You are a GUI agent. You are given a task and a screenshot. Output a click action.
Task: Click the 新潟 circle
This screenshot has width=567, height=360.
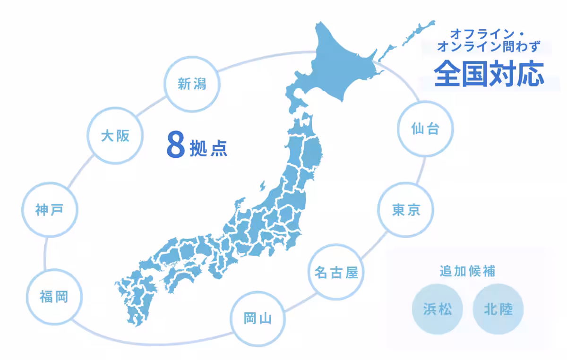pos(192,84)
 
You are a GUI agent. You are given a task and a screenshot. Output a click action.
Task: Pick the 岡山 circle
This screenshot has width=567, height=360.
pos(258,318)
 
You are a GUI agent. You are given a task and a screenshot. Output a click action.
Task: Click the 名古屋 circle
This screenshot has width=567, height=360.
pos(336,272)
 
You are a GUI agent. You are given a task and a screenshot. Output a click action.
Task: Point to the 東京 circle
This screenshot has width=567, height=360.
pos(406,210)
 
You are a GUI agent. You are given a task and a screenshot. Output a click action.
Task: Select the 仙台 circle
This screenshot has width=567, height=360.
pos(425,129)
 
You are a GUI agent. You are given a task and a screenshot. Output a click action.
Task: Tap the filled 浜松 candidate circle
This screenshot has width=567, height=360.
pos(437,309)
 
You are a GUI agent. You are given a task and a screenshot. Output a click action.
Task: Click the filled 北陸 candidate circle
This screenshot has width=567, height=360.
pos(498,309)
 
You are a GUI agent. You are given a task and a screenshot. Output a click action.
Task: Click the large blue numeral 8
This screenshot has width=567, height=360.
pos(175,145)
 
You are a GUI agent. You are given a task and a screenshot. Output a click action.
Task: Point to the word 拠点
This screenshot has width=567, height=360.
pos(208,148)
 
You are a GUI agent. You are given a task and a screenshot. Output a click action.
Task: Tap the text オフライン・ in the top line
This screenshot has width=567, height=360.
pos(491,34)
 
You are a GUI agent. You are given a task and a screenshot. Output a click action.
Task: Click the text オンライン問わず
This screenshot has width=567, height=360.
pos(488,47)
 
